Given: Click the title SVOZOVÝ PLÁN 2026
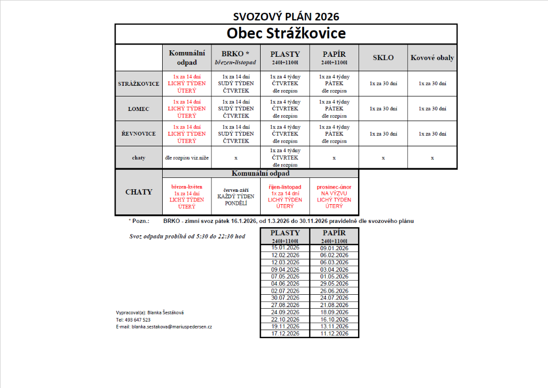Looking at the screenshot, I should click(286, 17).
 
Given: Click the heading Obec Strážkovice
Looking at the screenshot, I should click(286, 33).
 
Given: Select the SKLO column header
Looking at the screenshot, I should click(383, 57).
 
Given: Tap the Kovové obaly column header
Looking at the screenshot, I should click(432, 57).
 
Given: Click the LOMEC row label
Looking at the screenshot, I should click(139, 109).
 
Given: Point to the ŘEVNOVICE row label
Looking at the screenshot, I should click(139, 133).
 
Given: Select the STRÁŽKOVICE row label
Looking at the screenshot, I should click(139, 84).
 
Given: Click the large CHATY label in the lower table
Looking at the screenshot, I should click(139, 192).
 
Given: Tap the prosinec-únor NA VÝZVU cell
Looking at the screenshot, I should click(334, 196).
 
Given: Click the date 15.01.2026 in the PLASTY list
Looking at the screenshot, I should click(285, 248).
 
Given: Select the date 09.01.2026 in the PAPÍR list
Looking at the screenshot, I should click(334, 248).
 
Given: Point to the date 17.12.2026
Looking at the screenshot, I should click(285, 333).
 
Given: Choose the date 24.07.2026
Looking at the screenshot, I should click(334, 298).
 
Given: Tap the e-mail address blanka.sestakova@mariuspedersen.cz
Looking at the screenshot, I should click(171, 326).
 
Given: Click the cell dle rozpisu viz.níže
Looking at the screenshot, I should click(187, 158).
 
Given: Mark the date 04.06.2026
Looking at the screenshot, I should click(285, 283).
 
